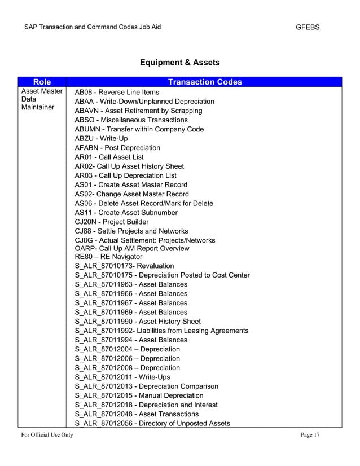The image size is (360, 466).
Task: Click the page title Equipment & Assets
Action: pos(179,63)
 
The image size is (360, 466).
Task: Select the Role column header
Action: pos(42,82)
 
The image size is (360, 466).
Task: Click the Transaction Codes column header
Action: pos(205,82)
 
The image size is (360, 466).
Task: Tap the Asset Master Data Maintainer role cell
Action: pos(42,99)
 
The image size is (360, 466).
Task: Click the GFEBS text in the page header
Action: pos(308,27)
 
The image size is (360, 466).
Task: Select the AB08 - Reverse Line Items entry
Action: pos(117,92)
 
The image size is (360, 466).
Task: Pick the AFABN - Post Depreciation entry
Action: pos(117,148)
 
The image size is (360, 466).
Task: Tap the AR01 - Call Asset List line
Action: pos(109,157)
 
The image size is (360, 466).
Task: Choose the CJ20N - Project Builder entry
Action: pos(112,222)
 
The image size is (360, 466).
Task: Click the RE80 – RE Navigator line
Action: pos(108,256)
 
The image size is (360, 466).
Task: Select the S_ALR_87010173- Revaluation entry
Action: pos(124,266)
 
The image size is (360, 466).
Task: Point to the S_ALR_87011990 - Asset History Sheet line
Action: pos(138,321)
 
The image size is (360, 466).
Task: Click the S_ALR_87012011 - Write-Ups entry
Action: pos(122,377)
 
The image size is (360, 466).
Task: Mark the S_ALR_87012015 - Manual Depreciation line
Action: pos(139,395)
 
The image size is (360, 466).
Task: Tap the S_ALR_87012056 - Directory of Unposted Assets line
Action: pos(152,423)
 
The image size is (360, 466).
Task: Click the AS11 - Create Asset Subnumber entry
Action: pos(126,213)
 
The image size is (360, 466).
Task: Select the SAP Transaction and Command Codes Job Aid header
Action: pos(93,27)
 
